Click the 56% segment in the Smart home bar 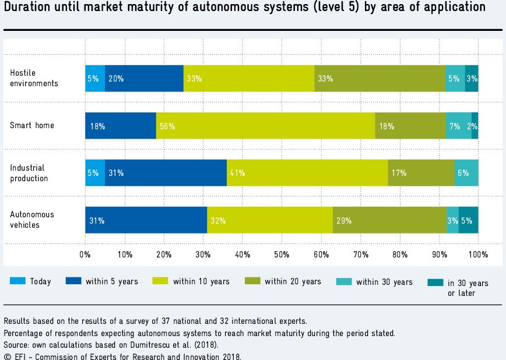265,126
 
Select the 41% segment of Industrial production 307,173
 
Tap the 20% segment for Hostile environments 144,79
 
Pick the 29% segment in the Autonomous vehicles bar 389,220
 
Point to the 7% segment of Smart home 458,126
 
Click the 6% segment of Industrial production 466,173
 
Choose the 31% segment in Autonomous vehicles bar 146,220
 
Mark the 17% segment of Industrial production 421,173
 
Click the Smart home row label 32,126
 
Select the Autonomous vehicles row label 32,220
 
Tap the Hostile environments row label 34,78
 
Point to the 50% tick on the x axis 282,255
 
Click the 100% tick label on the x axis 478,255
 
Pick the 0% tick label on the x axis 85,255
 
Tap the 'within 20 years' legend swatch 252,281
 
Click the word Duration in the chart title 28,8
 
